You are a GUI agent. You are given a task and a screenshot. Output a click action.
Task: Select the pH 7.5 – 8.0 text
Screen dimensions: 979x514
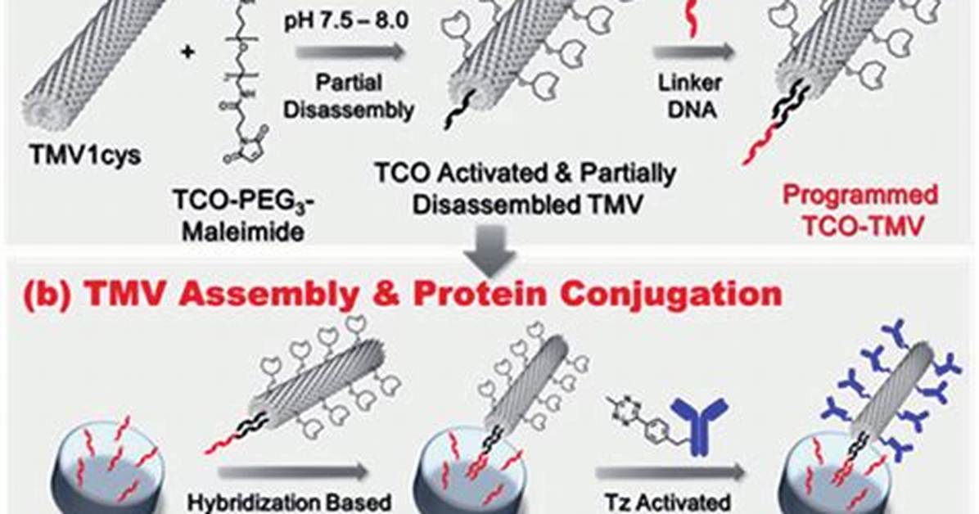coord(346,22)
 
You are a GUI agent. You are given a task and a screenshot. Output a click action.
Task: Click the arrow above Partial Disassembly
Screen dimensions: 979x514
coord(350,52)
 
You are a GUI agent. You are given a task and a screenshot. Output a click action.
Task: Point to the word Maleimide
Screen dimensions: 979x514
coord(243,232)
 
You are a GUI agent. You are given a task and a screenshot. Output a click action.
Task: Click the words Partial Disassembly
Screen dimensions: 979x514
coord(349,97)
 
